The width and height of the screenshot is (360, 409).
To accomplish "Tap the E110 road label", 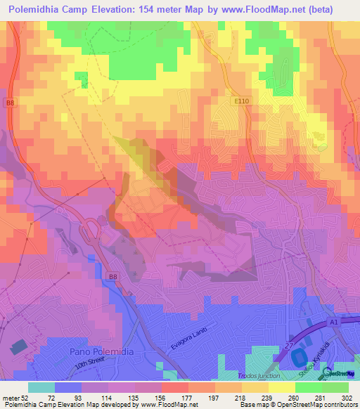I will click(x=244, y=102).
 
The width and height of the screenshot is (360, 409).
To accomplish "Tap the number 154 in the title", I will click(x=150, y=10).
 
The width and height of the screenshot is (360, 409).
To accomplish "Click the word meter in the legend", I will click(x=11, y=398).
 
